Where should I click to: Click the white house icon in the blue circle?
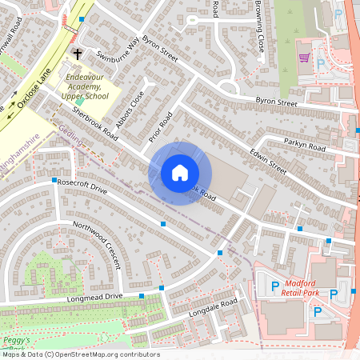click(180, 173)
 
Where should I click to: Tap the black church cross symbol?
click(78, 54)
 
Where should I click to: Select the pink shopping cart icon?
click(304, 58)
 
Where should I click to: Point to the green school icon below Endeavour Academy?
click(80, 102)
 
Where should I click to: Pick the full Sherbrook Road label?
click(94, 125)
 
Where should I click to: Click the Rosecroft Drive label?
click(83, 188)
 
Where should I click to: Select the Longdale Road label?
click(214, 310)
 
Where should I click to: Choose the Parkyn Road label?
click(305, 146)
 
